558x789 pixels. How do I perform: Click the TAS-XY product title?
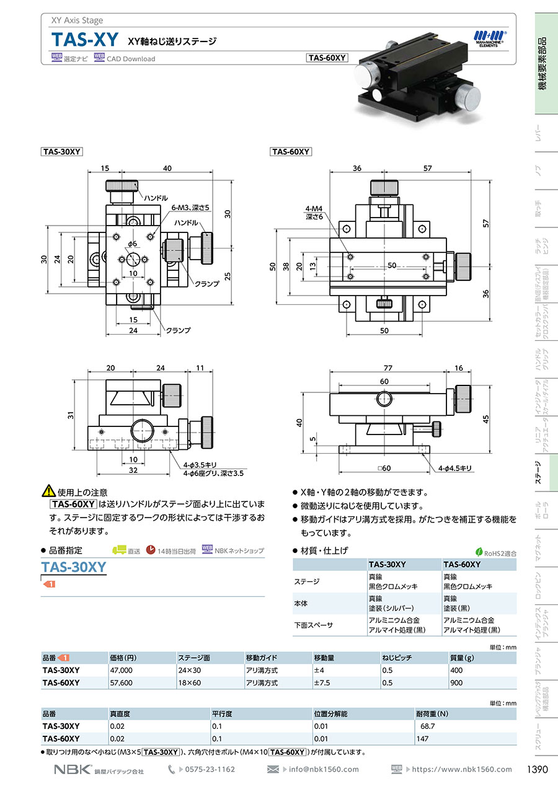(x=84, y=39)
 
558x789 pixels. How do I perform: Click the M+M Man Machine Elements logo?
(x=490, y=38)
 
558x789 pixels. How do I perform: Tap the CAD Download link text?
(x=131, y=59)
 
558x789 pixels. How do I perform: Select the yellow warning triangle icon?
(x=48, y=491)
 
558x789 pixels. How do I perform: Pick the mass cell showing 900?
(x=456, y=682)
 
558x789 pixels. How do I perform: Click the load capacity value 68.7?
(x=428, y=726)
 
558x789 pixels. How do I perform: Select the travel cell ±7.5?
(x=322, y=682)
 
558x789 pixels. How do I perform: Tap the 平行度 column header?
(x=221, y=713)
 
